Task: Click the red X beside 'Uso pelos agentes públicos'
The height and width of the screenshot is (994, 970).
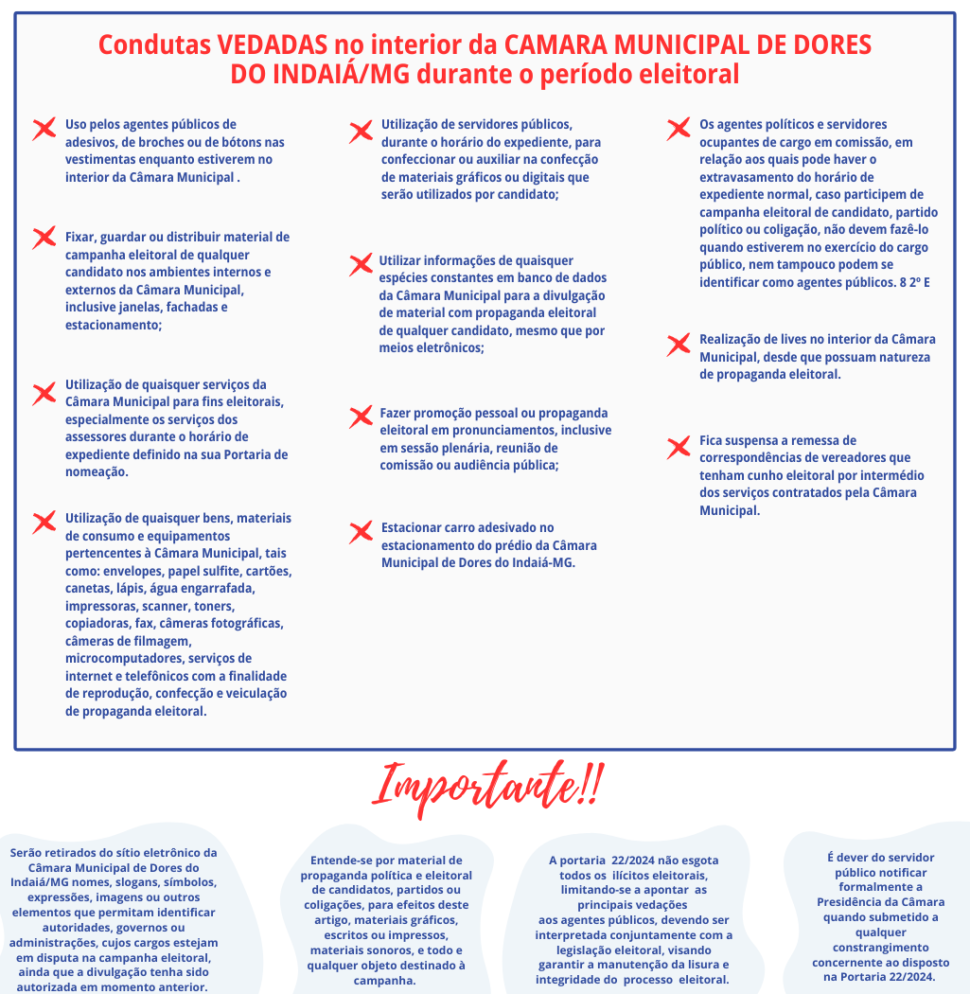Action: (x=44, y=130)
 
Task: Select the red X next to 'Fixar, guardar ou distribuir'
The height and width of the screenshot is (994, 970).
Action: (x=44, y=238)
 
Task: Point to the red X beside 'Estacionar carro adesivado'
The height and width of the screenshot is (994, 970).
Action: (x=361, y=532)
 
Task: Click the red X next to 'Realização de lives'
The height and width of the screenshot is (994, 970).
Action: (x=678, y=345)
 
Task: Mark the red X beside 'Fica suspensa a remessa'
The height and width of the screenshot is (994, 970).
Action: (x=678, y=447)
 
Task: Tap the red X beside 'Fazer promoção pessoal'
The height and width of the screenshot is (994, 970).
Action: (x=361, y=417)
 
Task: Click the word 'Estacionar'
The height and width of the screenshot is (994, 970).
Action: (x=414, y=527)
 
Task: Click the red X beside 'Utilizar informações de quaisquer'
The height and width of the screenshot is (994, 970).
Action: (x=361, y=265)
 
